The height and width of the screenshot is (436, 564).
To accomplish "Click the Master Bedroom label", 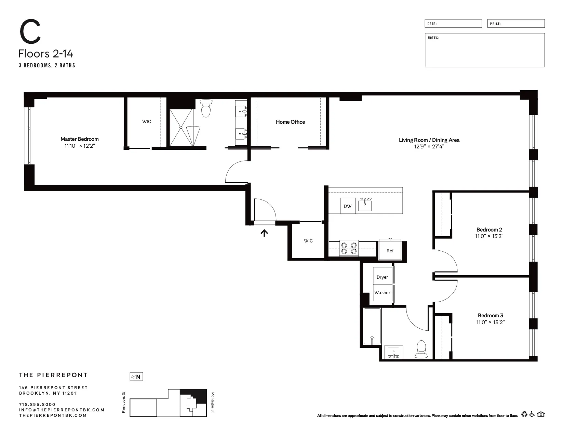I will point(79,139).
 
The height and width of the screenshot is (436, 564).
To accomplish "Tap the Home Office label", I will point(290,122).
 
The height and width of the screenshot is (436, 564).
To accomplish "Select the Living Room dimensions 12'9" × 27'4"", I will point(429,147).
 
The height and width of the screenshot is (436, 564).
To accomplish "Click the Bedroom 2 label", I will point(489,229).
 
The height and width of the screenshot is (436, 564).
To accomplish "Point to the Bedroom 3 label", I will point(490,315).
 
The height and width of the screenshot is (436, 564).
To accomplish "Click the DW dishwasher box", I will point(348,206).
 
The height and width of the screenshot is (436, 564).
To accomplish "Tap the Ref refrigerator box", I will point(390,251).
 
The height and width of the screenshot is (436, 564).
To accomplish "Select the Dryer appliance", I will point(382,277).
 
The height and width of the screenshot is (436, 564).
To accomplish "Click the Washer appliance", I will point(382,293).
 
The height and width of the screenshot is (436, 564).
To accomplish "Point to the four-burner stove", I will point(349,248).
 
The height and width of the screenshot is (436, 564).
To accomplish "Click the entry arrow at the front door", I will point(264,233).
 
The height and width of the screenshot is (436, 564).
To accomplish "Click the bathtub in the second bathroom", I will point(372,327).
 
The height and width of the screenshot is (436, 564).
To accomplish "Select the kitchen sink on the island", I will point(365,205).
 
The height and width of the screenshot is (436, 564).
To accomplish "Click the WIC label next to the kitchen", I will point(308,241).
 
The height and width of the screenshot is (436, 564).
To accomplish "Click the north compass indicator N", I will point(136,377).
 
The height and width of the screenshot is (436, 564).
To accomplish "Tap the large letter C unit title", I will point(30,32).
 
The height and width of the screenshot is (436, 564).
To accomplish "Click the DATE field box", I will point(453,24).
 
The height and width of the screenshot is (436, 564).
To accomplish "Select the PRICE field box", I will point(516,24).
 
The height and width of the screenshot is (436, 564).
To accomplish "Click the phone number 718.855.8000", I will point(37,404).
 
